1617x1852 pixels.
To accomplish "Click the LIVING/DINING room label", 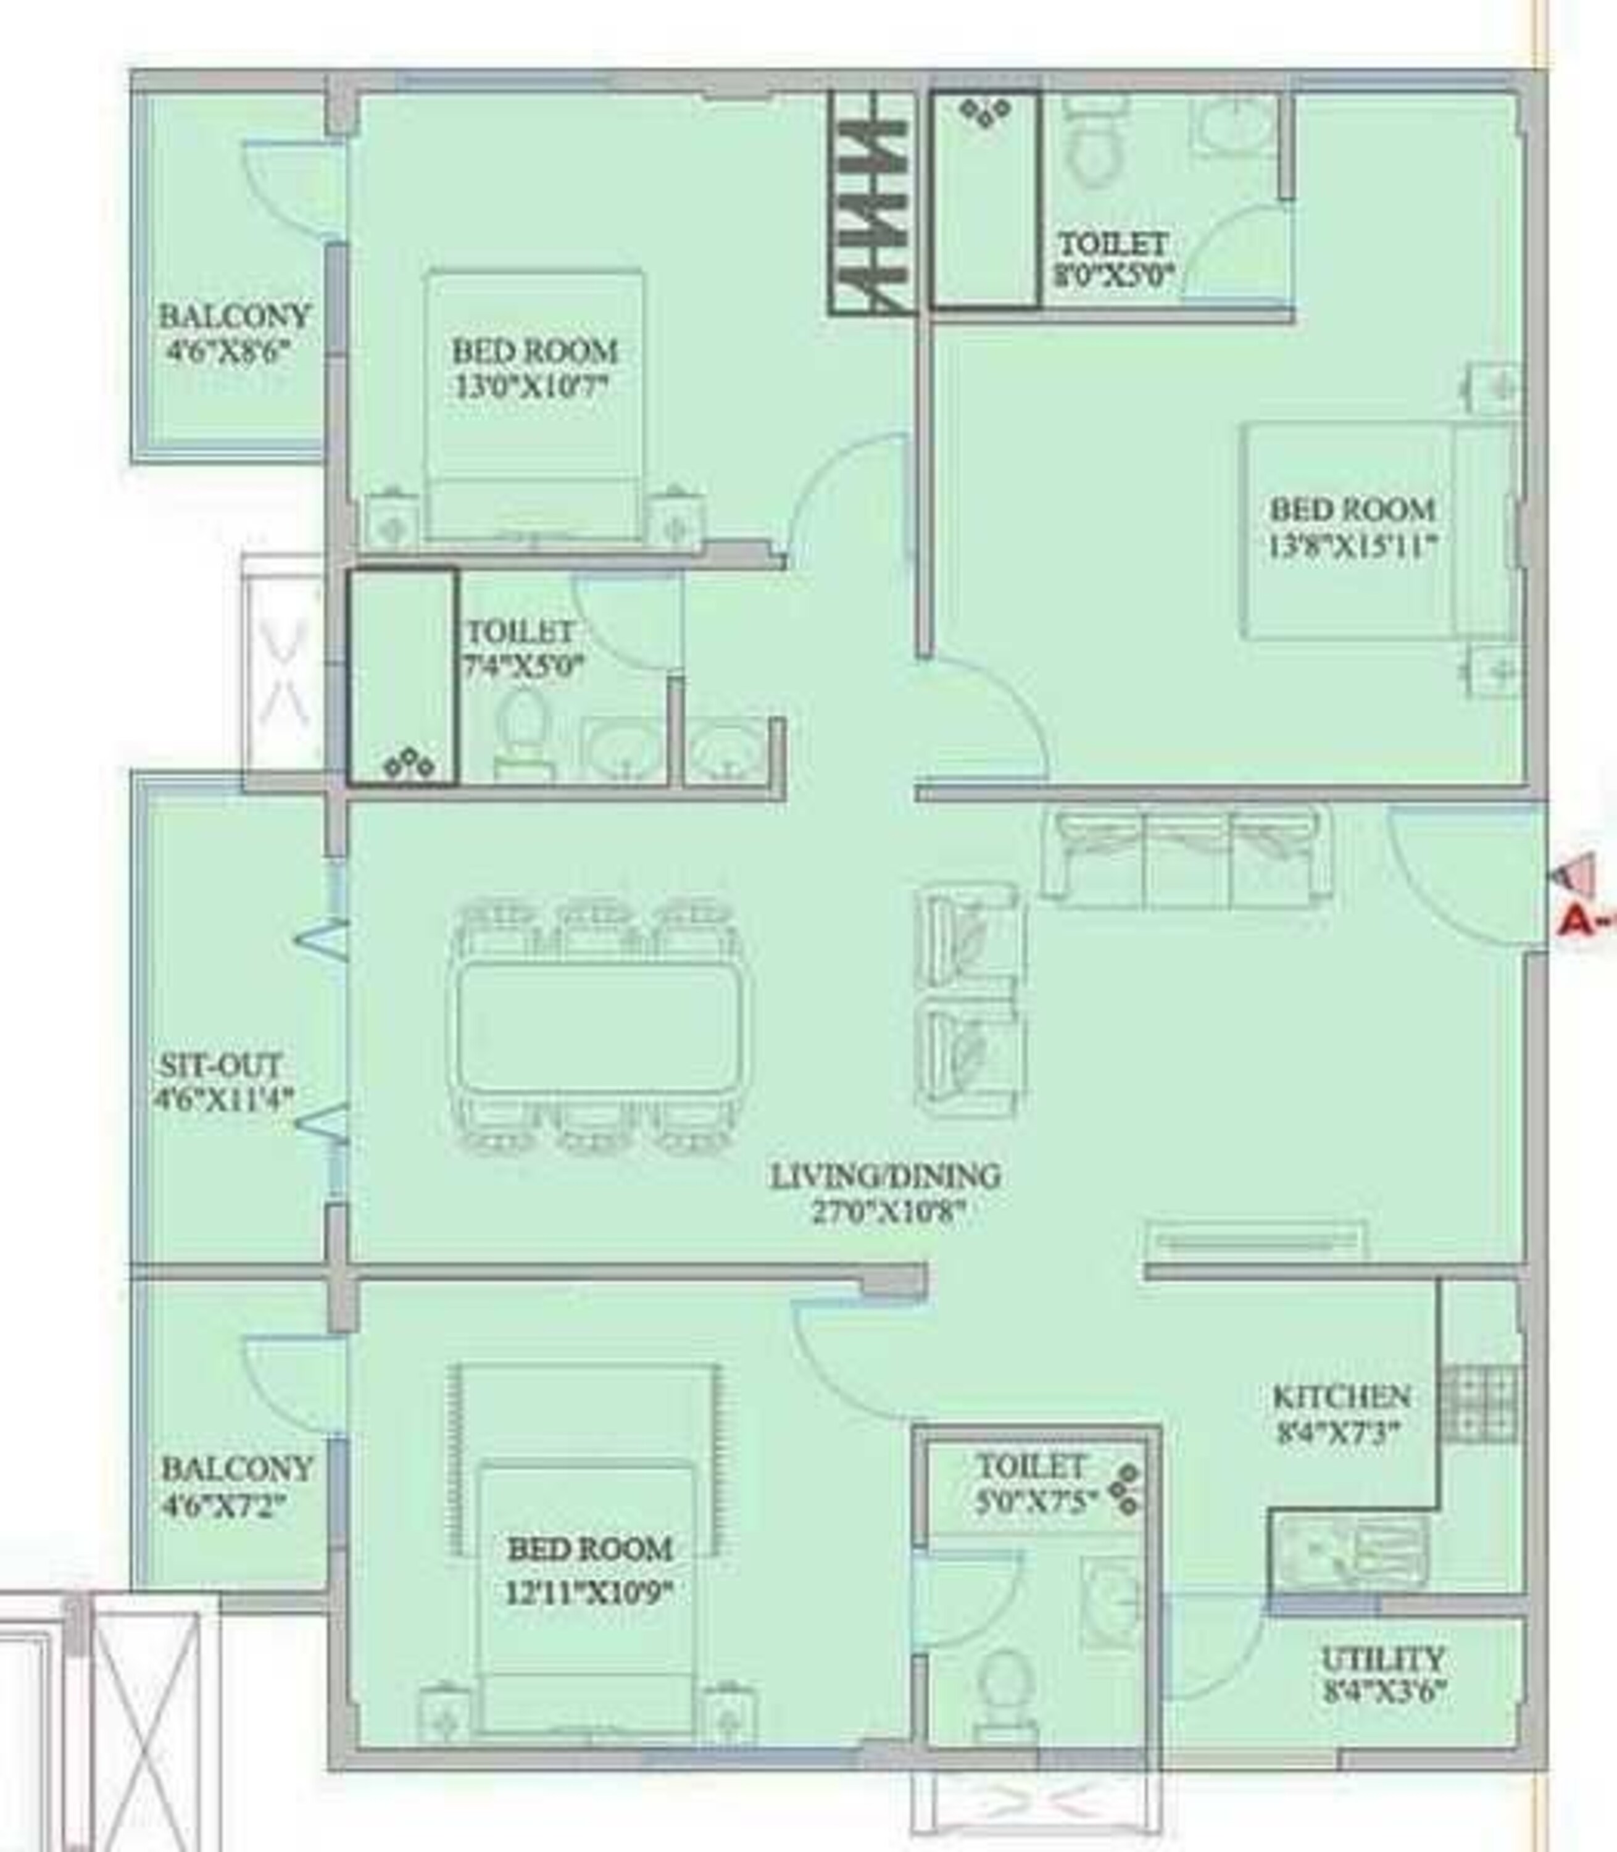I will tap(884, 1175).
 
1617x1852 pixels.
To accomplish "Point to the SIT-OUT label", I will tap(220, 1065).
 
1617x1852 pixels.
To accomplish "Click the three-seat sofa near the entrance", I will tap(1186, 857).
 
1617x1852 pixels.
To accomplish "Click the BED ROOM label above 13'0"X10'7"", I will tap(534, 350).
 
